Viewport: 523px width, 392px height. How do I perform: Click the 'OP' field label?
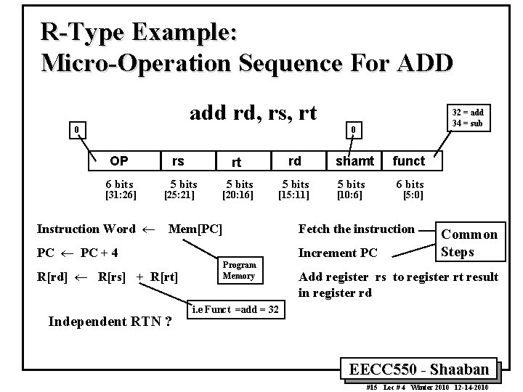point(118,161)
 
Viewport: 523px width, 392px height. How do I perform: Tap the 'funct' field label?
point(409,160)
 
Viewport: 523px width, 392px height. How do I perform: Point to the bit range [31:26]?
point(118,195)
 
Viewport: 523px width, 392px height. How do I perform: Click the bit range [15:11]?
point(295,195)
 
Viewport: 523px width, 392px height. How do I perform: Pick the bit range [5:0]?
point(413,195)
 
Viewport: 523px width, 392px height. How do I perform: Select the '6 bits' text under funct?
point(409,184)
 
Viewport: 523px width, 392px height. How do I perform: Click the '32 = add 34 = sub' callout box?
point(468,118)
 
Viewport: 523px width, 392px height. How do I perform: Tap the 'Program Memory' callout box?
point(238,270)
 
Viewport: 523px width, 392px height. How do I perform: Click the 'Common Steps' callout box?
point(469,243)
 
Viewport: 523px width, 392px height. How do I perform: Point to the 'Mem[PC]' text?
point(195,229)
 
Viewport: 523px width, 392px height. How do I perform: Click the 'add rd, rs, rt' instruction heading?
point(253,114)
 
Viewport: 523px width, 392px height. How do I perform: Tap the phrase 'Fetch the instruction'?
point(356,229)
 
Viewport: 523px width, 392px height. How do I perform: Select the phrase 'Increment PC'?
point(338,253)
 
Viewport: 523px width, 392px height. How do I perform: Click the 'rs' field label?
point(177,161)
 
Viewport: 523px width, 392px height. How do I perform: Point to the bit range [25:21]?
point(179,195)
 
